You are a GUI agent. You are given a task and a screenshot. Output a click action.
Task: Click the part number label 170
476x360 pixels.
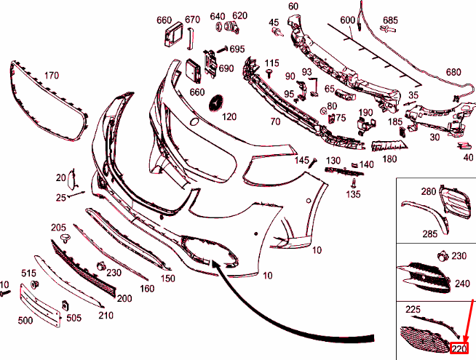51,75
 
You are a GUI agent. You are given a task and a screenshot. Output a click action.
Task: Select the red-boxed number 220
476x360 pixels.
459,349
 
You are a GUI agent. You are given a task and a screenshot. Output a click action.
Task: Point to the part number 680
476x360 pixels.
453,72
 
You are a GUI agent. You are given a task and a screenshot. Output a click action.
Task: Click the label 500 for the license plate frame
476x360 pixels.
25,319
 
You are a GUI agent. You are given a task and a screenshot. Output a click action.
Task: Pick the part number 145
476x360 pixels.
301,160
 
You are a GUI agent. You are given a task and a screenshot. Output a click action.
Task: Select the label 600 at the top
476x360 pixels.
347,20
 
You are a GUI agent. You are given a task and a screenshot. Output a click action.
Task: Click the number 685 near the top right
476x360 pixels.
390,20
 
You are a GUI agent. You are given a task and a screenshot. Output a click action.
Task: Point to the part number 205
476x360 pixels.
59,228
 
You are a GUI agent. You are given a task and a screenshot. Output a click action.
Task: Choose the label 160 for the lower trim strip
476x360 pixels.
147,289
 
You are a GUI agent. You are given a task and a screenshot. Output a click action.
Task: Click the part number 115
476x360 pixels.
272,63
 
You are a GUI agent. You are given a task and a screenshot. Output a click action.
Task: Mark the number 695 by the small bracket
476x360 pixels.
237,49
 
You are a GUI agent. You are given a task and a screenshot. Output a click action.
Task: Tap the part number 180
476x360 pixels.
390,159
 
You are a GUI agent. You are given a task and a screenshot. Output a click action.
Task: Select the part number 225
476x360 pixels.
413,309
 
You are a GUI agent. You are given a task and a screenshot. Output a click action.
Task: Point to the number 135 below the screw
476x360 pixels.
354,194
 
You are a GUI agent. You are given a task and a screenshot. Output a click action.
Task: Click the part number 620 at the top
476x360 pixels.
240,15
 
